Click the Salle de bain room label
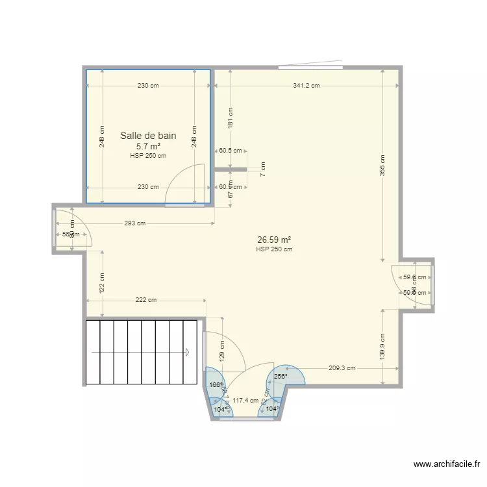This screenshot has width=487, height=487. coord(148,136)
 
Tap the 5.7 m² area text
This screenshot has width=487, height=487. coord(148,147)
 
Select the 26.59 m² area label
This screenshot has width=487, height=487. coord(273,240)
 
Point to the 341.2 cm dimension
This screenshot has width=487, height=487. coord(306,86)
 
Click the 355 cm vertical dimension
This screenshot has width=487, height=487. coord(382,166)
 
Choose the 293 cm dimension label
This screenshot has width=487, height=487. coord(134,224)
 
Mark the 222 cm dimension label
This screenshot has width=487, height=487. coord(146,300)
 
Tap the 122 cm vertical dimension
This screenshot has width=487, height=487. coord(103,283)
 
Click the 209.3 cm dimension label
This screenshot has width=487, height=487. coord(342,368)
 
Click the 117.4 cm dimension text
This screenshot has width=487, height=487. coord(245,401)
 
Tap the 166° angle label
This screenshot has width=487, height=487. coord(216,385)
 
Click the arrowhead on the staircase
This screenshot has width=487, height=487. coord(186,353)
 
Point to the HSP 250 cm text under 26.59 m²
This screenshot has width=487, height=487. coord(273,249)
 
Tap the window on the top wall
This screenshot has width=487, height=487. coord(310,66)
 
